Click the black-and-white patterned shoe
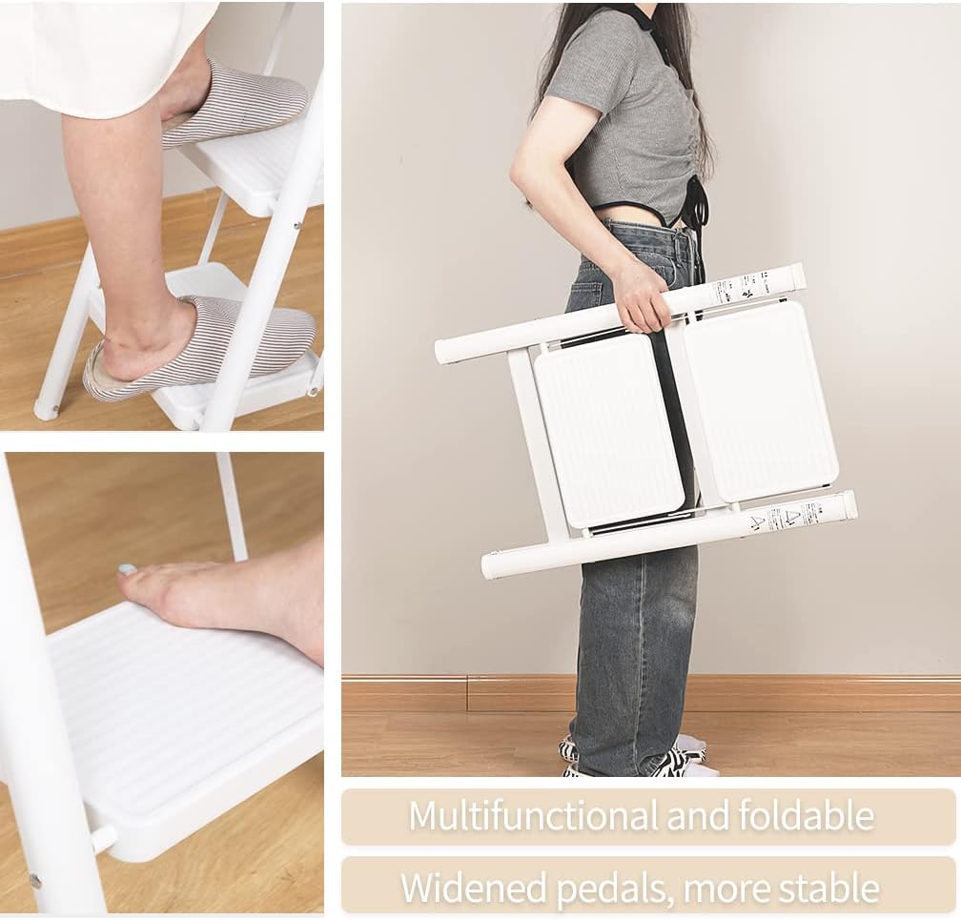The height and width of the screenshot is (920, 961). coord(667,760)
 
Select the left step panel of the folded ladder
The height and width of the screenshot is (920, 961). coord(607,429)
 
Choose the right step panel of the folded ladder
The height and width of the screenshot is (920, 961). coord(761,400)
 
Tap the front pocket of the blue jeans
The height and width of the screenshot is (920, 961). coord(585,286)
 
